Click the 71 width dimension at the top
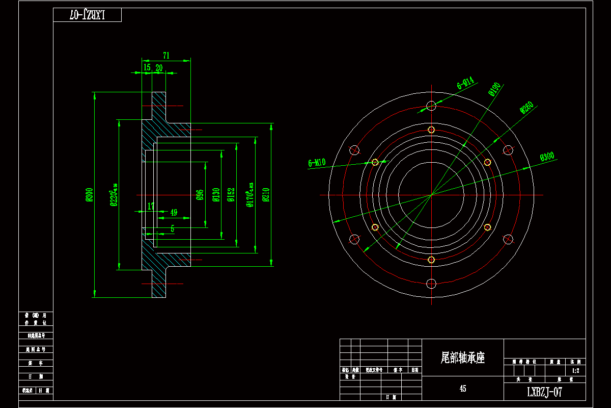[166, 56]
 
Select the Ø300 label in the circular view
[547, 157]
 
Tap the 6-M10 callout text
[317, 163]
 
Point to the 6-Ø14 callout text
[465, 83]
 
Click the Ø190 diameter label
[494, 89]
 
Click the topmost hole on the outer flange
[431, 106]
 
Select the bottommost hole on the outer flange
[431, 284]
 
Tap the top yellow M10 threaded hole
[431, 130]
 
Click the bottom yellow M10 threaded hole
[431, 260]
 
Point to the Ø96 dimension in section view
[200, 195]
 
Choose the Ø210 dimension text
[265, 195]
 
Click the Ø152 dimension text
[231, 195]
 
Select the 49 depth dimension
[174, 212]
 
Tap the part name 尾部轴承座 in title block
[462, 358]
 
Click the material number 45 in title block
[462, 389]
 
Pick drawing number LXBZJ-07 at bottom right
[544, 392]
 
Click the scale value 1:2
[575, 371]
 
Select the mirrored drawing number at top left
[87, 15]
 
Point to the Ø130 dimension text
[216, 195]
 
